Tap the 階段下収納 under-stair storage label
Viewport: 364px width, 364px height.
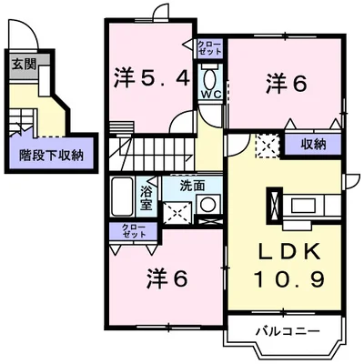[x=51, y=155]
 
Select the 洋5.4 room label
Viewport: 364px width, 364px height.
[x=152, y=78]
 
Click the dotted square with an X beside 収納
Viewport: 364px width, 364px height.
[x=268, y=145]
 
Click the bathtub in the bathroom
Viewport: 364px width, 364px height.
[x=123, y=193]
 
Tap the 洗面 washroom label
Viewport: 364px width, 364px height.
[x=192, y=185]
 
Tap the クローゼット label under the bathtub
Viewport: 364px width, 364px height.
[x=120, y=231]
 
